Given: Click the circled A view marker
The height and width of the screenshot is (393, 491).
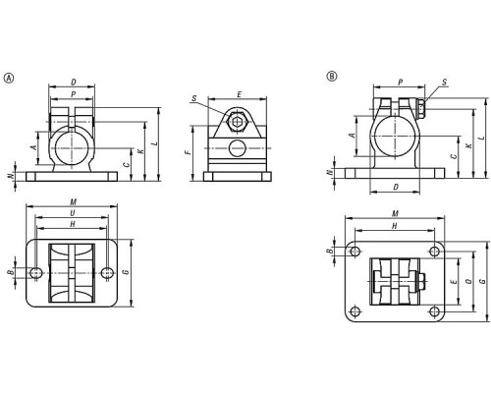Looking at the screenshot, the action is pyautogui.click(x=9, y=78).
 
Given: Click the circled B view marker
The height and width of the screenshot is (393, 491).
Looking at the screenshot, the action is pyautogui.click(x=332, y=76).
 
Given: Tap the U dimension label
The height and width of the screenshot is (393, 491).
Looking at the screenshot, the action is pyautogui.click(x=73, y=213).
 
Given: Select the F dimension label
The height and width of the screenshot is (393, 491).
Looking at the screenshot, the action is pyautogui.click(x=187, y=152).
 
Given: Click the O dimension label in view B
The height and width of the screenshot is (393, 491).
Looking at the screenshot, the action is pyautogui.click(x=468, y=282).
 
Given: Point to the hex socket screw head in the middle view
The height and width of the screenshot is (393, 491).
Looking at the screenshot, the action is pyautogui.click(x=237, y=122).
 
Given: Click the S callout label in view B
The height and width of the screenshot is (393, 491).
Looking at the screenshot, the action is pyautogui.click(x=444, y=82).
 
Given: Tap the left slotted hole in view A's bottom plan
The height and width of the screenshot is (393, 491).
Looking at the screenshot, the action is pyautogui.click(x=35, y=272).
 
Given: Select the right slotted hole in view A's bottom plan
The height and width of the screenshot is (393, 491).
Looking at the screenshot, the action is pyautogui.click(x=107, y=272).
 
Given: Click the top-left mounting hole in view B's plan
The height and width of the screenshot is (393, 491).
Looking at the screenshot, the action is pyautogui.click(x=355, y=252).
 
